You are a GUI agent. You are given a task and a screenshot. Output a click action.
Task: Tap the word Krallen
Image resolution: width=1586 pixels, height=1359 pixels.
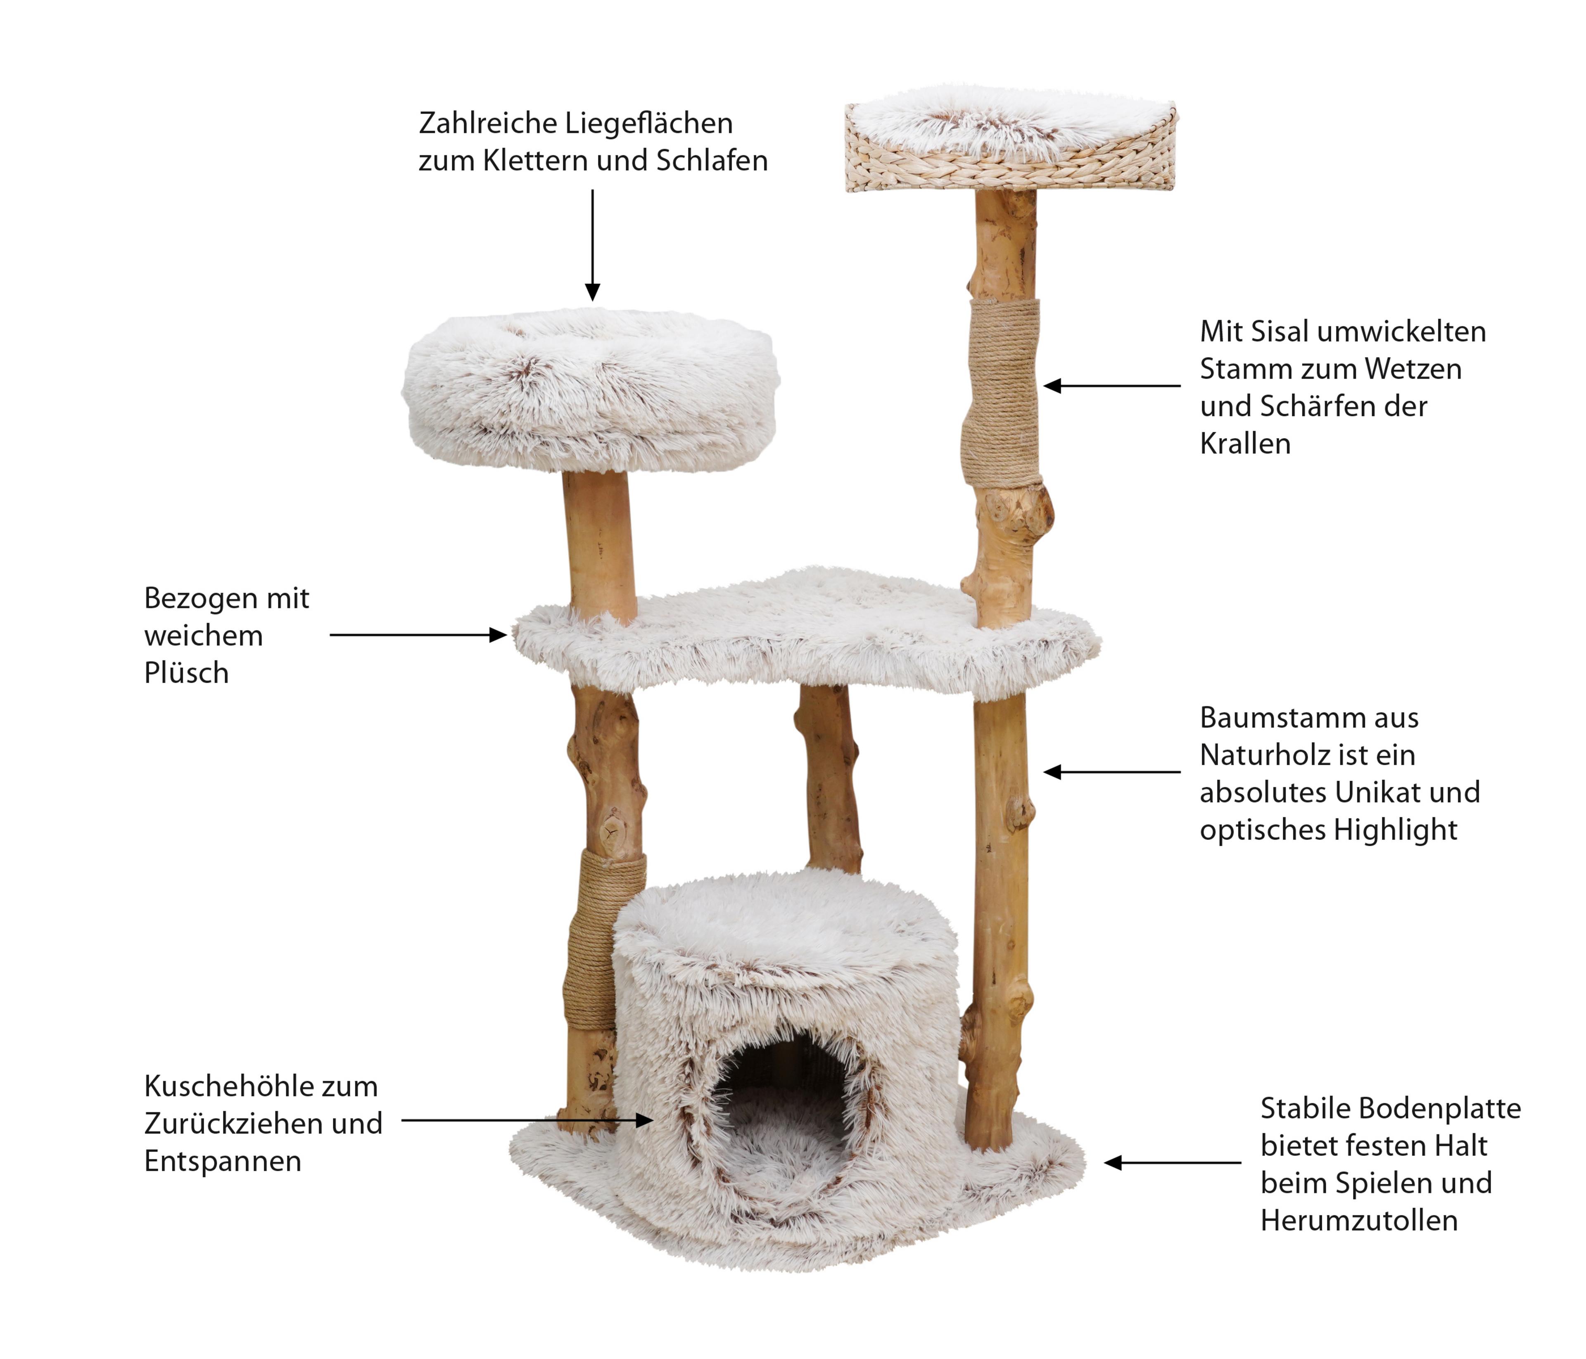point(1244,444)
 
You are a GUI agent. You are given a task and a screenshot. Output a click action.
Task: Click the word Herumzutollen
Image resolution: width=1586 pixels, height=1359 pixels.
point(1359,1221)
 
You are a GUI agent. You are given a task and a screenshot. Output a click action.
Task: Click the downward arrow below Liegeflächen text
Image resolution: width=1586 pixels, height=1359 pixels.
point(592,245)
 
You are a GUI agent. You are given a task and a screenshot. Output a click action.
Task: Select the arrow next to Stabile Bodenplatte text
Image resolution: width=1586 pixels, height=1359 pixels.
point(1172,1163)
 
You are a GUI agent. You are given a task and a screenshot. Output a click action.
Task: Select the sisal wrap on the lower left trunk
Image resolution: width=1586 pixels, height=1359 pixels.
point(601,937)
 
